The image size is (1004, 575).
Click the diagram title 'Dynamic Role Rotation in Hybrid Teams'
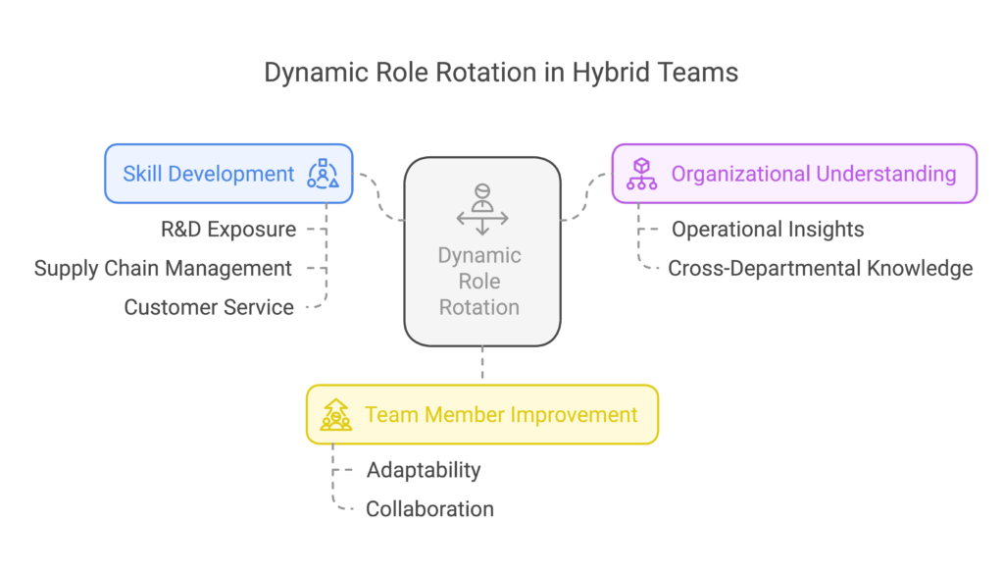coord(501,73)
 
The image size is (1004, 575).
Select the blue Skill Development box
coord(228,174)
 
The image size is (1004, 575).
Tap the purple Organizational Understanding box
coord(794,174)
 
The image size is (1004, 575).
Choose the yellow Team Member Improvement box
coord(482,415)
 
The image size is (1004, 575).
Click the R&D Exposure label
coord(228,229)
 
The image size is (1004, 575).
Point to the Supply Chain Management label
coord(163,268)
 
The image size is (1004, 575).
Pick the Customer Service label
coord(209,307)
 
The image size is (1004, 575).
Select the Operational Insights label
coord(768,229)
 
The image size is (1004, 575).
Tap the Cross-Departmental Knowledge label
coord(821,268)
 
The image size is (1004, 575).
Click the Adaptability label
coord(424,470)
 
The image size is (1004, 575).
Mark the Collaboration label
coord(429,509)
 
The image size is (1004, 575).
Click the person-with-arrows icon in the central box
coord(482,209)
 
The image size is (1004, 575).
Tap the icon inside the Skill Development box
coord(323,174)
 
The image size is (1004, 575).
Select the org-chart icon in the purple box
coord(641,174)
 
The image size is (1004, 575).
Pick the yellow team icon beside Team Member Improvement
coord(336,415)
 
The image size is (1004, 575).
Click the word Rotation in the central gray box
coord(478,307)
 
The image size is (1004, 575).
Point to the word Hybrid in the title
coord(610,73)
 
